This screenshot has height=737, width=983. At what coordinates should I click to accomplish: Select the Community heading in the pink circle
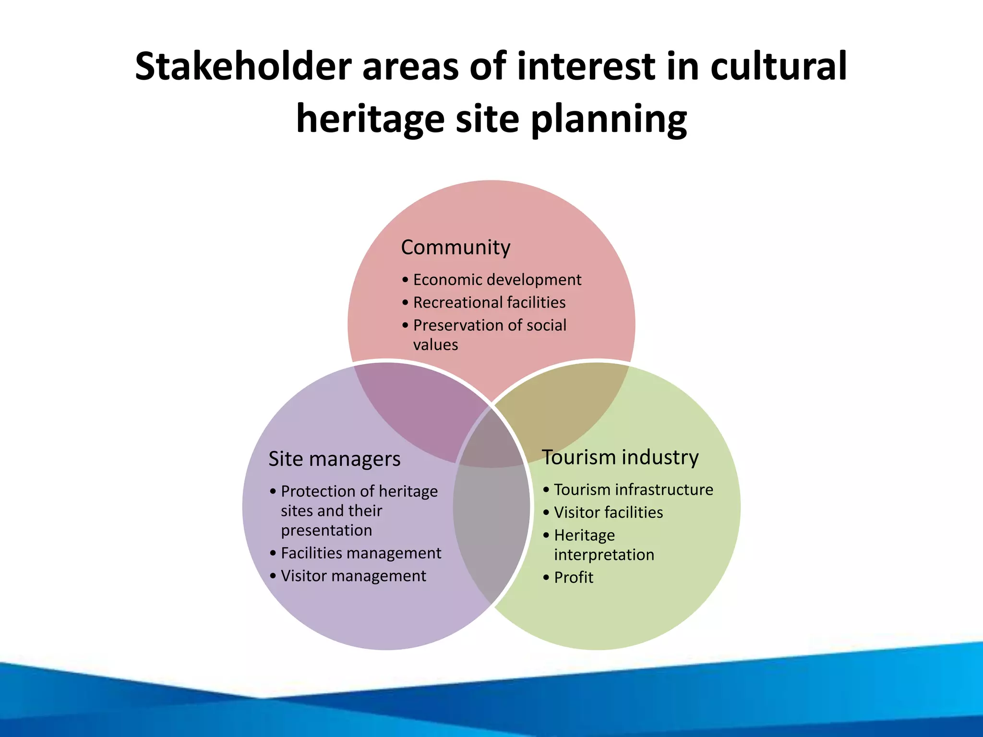pyautogui.click(x=456, y=247)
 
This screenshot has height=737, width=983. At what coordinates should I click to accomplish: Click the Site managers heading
pyautogui.click(x=334, y=459)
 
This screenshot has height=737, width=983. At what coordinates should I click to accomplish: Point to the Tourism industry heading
pyautogui.click(x=620, y=457)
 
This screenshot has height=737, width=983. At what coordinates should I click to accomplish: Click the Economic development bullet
pyautogui.click(x=497, y=280)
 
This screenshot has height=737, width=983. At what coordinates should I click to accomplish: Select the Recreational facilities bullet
pyautogui.click(x=489, y=302)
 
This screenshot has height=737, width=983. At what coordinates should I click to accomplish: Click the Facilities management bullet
pyautogui.click(x=360, y=553)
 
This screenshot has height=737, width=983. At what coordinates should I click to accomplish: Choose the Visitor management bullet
pyautogui.click(x=353, y=576)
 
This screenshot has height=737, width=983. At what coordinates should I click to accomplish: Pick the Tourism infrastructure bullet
pyautogui.click(x=633, y=489)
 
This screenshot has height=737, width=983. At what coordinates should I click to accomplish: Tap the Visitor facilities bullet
pyautogui.click(x=608, y=512)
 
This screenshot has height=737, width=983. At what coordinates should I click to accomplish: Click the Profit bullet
pyautogui.click(x=574, y=577)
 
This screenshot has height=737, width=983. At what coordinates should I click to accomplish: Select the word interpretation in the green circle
pyautogui.click(x=604, y=555)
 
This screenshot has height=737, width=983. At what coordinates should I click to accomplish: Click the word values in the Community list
pyautogui.click(x=435, y=345)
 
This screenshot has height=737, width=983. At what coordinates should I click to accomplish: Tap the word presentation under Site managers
pyautogui.click(x=326, y=530)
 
